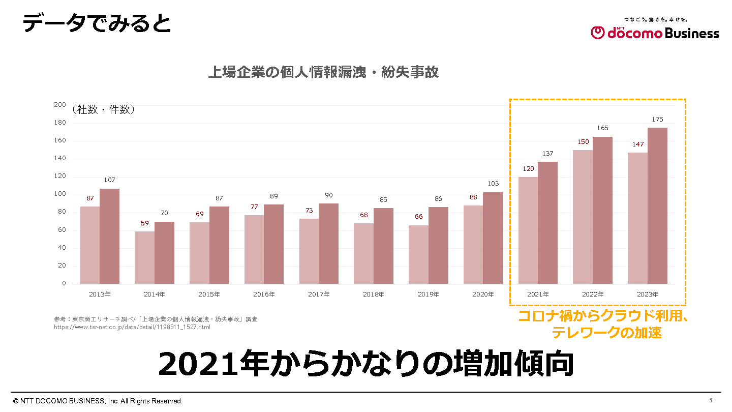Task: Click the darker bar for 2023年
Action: point(657,205)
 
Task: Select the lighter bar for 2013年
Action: point(90,245)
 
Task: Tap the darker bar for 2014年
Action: point(164,252)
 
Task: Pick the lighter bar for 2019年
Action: point(418,254)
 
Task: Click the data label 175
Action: point(657,120)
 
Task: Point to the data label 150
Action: point(583,142)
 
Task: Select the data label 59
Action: point(145,223)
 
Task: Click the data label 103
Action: point(493,184)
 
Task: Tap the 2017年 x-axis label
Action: point(319,295)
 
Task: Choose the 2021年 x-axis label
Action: point(538,295)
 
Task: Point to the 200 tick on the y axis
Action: point(60,105)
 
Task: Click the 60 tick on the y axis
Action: point(62,230)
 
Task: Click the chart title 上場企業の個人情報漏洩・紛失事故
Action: point(323,72)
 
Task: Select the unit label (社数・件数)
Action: point(103,109)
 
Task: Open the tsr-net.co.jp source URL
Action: point(132,327)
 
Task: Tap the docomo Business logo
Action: point(655,32)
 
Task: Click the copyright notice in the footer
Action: point(98,401)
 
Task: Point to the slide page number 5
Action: point(711,400)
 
